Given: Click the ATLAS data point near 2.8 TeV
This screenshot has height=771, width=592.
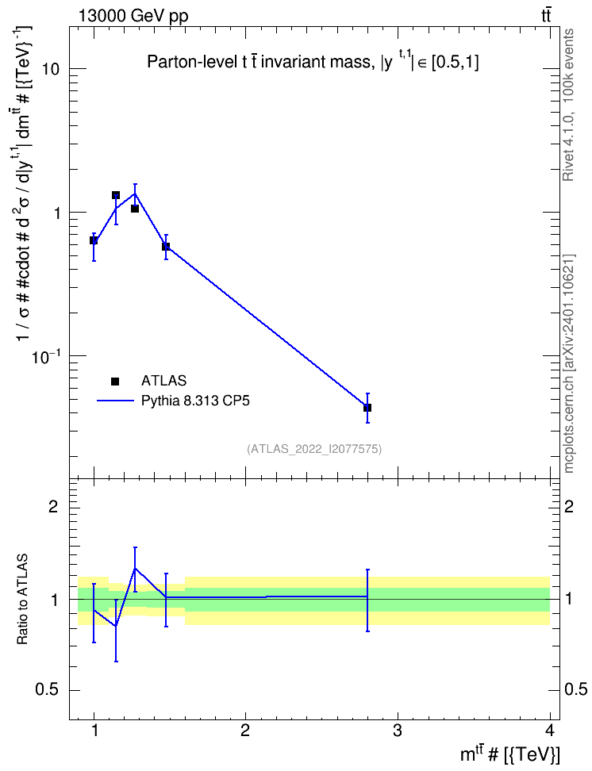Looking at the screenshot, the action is [x=367, y=408].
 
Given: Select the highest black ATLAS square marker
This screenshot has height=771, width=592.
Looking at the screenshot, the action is [x=116, y=195].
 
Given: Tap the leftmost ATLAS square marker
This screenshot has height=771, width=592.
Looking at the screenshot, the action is [x=94, y=240].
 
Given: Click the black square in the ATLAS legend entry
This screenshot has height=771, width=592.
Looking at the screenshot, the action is [x=115, y=381].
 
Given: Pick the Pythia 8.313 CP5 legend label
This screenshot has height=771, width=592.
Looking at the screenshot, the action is [x=195, y=401].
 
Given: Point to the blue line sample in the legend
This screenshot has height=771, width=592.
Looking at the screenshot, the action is [x=115, y=401].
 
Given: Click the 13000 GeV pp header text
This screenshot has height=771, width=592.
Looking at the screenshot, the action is [x=133, y=16].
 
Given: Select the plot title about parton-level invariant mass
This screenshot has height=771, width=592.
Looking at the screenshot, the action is [x=313, y=63].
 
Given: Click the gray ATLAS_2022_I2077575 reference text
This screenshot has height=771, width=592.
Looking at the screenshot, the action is [x=314, y=448].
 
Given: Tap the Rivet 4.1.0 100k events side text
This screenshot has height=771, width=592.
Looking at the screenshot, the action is [x=568, y=105].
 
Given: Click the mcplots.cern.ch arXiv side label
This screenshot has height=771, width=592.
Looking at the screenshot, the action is [x=569, y=363].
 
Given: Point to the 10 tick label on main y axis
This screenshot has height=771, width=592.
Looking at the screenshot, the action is [x=50, y=69].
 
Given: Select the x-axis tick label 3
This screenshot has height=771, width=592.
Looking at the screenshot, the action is [x=397, y=731].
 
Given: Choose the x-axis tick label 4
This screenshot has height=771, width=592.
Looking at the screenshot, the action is [x=550, y=731].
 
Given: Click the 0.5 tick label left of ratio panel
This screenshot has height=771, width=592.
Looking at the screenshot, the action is [x=48, y=690].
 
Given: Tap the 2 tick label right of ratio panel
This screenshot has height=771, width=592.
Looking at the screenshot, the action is [x=569, y=506].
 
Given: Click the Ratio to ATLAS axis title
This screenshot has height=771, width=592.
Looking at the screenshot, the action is [x=22, y=599].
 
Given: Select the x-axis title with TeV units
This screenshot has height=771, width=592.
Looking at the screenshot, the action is [x=509, y=754].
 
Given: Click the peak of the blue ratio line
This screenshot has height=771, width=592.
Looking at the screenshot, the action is [x=135, y=568].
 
